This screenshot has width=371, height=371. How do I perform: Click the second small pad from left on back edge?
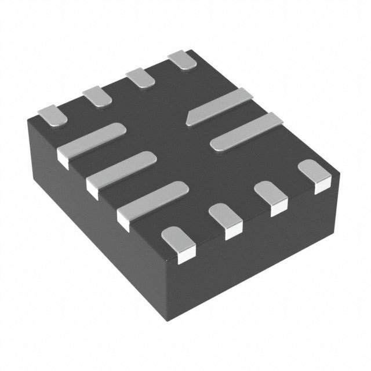click(97, 96)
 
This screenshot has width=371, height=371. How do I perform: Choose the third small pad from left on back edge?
click(140, 78)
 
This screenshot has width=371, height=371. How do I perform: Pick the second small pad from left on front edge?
click(224, 219)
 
